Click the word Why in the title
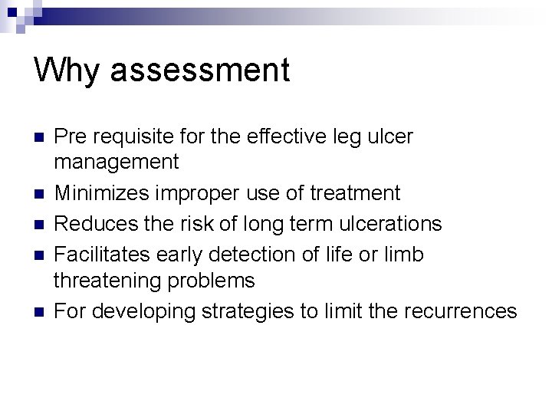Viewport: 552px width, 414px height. tap(67, 71)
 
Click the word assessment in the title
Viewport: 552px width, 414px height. tap(200, 71)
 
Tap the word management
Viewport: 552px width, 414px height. tap(116, 163)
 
